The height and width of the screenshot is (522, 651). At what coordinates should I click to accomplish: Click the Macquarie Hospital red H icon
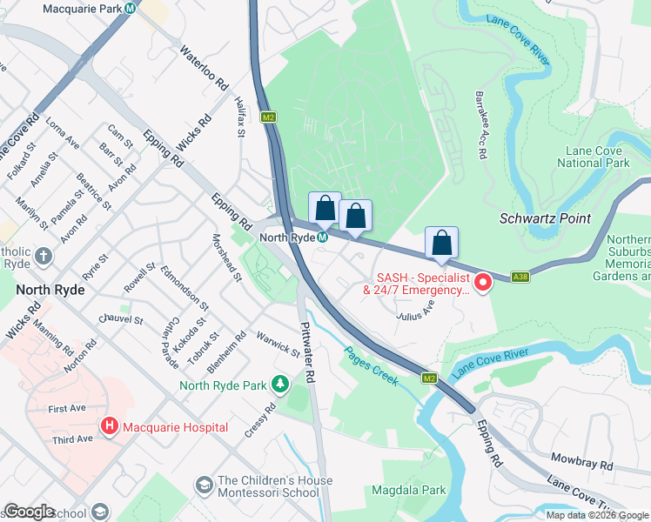coord(110,426)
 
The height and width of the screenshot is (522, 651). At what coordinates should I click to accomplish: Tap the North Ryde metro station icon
coord(322,238)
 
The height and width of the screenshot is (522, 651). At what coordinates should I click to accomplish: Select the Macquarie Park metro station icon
coord(130,8)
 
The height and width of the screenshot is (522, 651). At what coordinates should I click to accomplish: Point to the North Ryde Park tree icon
coord(280,384)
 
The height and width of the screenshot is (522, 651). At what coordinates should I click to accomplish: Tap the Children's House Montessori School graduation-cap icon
coord(204,484)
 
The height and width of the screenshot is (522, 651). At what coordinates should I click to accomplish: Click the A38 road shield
coord(520,277)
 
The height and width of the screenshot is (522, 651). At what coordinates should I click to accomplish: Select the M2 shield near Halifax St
coord(269,116)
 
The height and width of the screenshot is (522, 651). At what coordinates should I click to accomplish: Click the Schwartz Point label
coord(544,218)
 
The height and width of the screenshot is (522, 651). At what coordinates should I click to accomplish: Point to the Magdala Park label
coord(409,490)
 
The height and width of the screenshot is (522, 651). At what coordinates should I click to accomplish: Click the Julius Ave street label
coord(415,311)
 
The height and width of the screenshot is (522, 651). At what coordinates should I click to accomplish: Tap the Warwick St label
coord(277,343)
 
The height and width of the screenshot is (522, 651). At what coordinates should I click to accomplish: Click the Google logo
coord(29,512)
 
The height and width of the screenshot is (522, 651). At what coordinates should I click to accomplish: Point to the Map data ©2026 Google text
coord(596,515)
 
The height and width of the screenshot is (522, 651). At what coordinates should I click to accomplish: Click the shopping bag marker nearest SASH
coord(441,242)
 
